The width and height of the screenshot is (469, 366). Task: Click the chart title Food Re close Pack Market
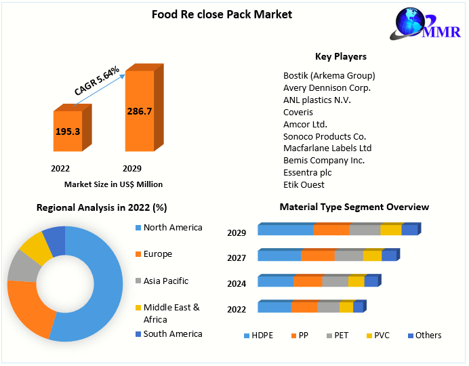(222, 14)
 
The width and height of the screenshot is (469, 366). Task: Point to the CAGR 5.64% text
(97, 81)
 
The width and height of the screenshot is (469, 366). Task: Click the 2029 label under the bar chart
(131, 168)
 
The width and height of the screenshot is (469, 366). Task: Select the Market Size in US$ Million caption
(113, 184)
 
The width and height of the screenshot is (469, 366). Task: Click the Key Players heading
(341, 57)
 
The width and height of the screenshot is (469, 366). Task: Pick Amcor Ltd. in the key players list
(305, 124)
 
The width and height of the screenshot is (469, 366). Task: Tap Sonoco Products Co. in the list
(325, 136)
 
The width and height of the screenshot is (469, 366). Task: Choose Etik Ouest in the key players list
(304, 184)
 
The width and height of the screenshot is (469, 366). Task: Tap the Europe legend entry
(157, 254)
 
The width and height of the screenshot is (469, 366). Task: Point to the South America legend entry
(172, 333)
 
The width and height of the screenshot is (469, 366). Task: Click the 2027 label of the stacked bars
(237, 258)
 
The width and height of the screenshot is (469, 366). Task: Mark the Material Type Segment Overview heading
(354, 207)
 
